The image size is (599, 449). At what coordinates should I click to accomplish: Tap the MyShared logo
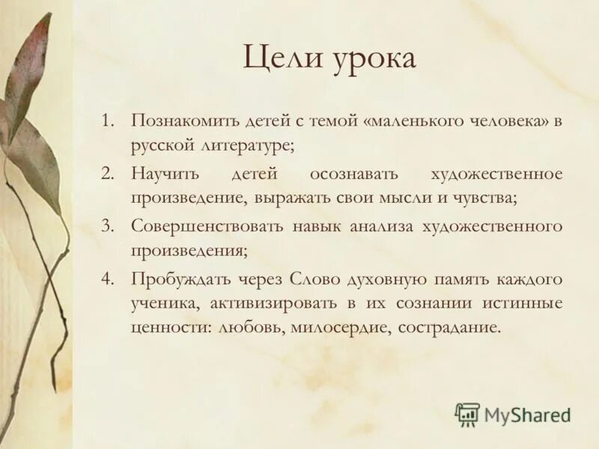click(512, 414)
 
